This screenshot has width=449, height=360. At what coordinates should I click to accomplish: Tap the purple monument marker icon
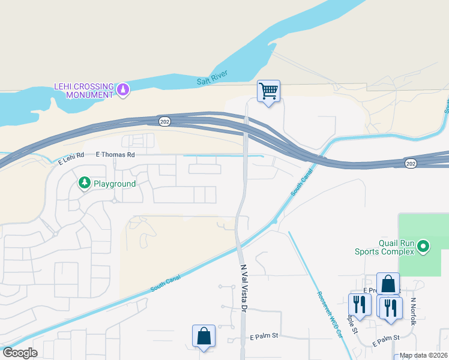123,90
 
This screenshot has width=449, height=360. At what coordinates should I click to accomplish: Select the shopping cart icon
268,92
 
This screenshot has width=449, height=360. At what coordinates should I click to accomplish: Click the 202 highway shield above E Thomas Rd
164,121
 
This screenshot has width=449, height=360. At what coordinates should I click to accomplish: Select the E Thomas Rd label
115,154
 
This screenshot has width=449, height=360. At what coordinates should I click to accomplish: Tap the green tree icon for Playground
85,183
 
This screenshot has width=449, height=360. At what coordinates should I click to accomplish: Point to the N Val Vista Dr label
244,288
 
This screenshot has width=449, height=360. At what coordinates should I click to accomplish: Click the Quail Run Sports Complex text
396,247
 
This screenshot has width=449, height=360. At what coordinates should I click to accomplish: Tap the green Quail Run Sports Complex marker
424,246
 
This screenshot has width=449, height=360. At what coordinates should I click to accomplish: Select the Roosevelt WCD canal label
330,315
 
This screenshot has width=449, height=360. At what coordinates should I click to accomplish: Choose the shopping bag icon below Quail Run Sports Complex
388,284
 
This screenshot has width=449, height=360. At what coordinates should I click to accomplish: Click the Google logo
20,353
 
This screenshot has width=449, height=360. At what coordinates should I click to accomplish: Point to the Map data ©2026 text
423,355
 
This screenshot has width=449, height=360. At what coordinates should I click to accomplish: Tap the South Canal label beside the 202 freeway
302,184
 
